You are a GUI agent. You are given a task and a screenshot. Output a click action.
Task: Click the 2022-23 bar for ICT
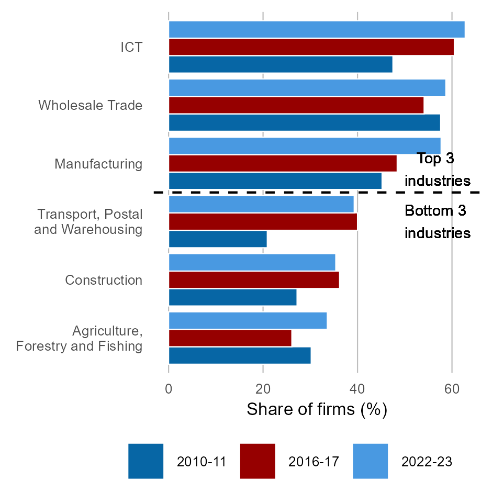click(316, 29)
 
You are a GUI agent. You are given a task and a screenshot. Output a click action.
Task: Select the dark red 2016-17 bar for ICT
click(311, 47)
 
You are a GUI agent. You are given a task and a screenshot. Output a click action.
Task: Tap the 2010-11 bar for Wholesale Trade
click(304, 122)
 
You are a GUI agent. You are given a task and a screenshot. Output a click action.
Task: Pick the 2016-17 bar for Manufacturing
click(283, 163)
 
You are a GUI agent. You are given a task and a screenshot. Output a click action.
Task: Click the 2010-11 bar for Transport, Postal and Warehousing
click(218, 239)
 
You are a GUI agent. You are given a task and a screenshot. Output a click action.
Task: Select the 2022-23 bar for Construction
click(252, 262)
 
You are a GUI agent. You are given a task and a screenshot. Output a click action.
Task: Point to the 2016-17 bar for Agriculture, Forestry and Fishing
click(230, 338)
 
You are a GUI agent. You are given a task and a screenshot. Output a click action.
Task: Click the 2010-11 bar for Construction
click(232, 297)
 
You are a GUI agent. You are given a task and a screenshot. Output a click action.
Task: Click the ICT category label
click(131, 47)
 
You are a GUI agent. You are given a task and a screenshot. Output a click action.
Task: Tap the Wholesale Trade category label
click(90, 105)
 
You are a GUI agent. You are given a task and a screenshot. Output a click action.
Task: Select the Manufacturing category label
click(98, 164)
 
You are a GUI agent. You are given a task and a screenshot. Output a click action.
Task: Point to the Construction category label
click(104, 280)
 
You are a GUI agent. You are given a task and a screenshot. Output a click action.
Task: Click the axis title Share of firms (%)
click(317, 409)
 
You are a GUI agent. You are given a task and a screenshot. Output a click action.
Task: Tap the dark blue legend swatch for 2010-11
click(146, 461)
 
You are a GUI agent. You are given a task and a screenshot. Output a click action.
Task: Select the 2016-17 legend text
click(314, 462)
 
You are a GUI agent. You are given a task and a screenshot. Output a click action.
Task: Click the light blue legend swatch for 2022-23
click(370, 461)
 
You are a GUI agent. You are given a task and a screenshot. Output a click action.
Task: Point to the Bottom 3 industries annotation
click(437, 222)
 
